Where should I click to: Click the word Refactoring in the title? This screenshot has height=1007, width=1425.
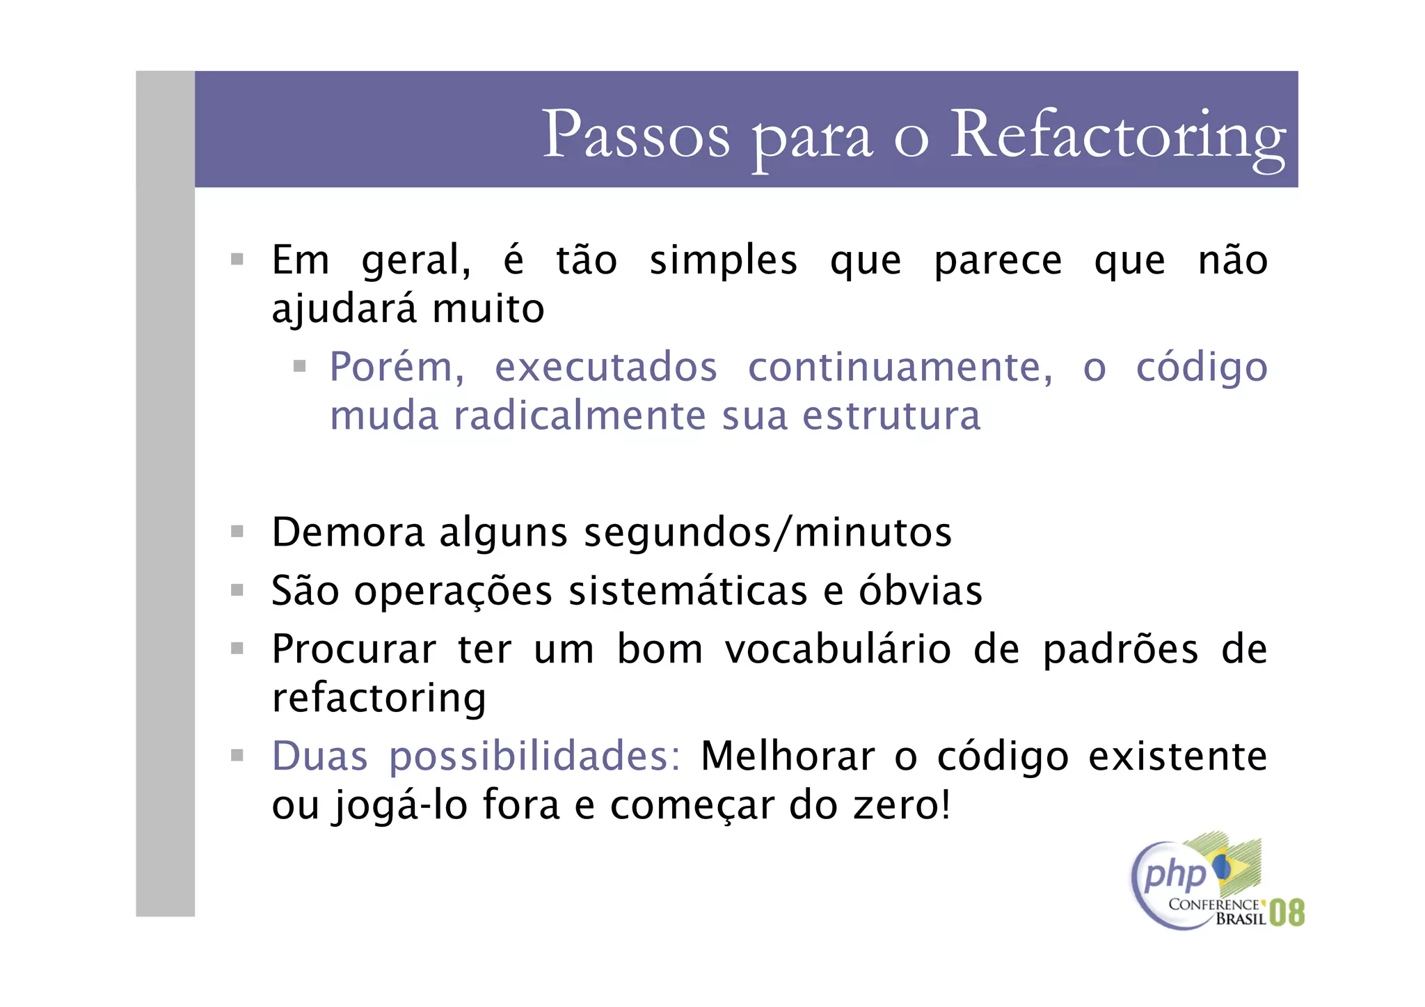tap(1117, 136)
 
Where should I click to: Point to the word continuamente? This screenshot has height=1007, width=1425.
tap(900, 367)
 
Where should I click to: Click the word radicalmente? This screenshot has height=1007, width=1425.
tap(580, 416)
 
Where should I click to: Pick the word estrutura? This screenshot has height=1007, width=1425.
tap(891, 416)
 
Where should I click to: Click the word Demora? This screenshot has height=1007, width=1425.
tap(348, 533)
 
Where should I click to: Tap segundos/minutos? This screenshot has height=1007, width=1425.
tap(767, 533)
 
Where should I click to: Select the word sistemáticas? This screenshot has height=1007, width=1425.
tap(687, 592)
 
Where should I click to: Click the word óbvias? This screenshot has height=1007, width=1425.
tap(920, 592)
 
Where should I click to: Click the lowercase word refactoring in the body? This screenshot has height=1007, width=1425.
tap(379, 699)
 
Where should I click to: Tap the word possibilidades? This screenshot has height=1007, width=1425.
tap(534, 757)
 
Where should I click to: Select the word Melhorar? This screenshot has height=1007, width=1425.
tap(788, 756)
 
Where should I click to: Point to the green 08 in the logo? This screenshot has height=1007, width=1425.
tap(1287, 912)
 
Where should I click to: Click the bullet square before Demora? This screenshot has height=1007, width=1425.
tap(237, 532)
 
